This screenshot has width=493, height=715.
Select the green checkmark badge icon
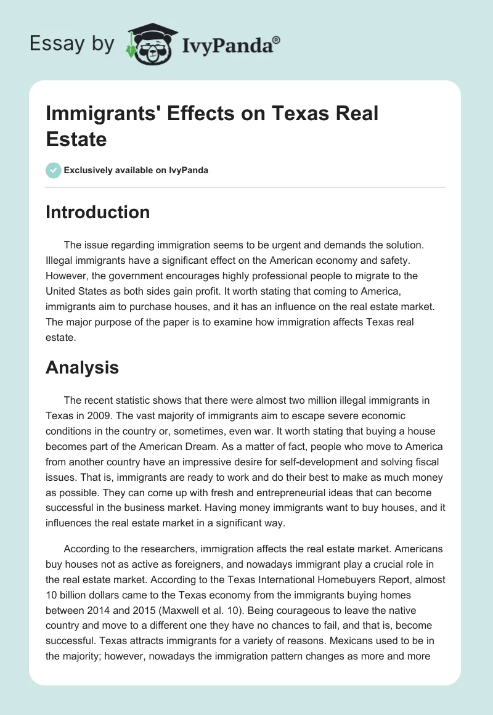(54, 170)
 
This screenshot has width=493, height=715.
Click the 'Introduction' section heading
(98, 212)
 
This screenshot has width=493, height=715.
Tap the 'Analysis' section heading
(82, 368)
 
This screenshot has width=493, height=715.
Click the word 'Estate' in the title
(76, 139)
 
